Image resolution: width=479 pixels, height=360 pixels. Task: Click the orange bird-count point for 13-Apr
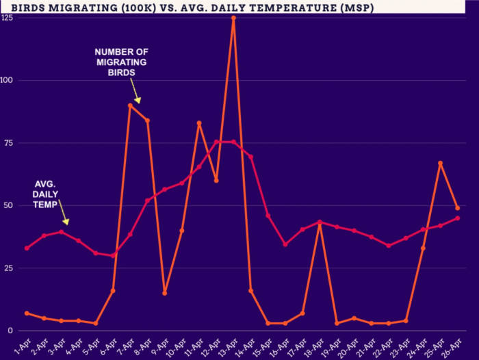pyautogui.click(x=233, y=18)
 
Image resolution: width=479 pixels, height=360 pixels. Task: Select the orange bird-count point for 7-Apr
pyautogui.click(x=130, y=105)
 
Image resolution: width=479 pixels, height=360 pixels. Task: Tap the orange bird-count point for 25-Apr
pyautogui.click(x=440, y=163)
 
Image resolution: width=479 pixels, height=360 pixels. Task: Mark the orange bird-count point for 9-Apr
pyautogui.click(x=164, y=293)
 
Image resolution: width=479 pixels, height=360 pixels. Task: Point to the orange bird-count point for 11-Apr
pyautogui.click(x=199, y=123)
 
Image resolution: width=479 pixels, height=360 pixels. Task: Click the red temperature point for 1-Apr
pyautogui.click(x=27, y=248)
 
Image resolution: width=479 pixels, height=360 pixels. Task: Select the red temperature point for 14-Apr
pyautogui.click(x=250, y=157)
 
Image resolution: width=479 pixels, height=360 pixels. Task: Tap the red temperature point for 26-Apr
pyautogui.click(x=457, y=218)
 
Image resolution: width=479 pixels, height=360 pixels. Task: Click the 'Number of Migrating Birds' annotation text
pyautogui.click(x=121, y=62)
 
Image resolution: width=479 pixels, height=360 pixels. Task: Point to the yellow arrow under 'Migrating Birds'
pyautogui.click(x=135, y=94)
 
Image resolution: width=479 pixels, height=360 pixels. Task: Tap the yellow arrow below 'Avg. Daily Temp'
pyautogui.click(x=64, y=219)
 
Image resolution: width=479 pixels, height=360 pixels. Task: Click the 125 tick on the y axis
pyautogui.click(x=8, y=17)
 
